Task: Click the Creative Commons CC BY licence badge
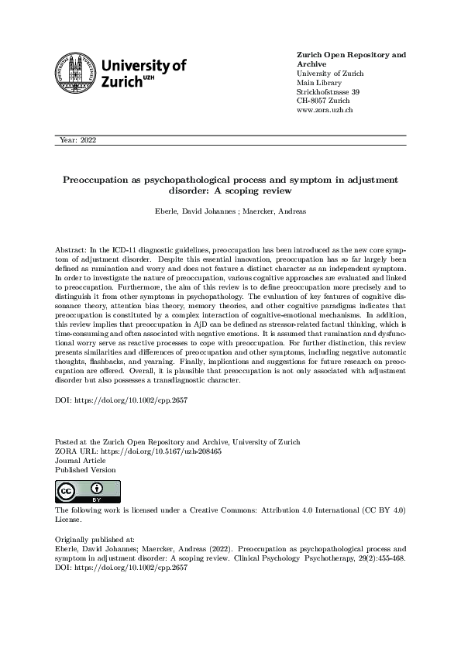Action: (x=78, y=492)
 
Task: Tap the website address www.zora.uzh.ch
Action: (x=325, y=110)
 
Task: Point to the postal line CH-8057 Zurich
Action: (x=323, y=101)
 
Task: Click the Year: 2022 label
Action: (x=77, y=139)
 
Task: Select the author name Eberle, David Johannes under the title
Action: (x=195, y=210)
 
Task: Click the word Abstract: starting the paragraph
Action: (x=72, y=252)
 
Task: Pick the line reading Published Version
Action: (x=86, y=468)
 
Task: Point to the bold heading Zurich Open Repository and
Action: (x=351, y=55)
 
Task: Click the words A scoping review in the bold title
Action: (x=265, y=190)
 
